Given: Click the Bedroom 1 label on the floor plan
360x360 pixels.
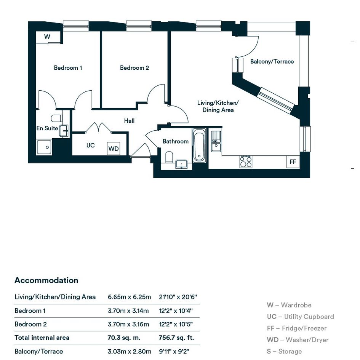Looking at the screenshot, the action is coord(68,68).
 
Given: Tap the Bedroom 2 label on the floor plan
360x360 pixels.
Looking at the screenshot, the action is coord(134,68).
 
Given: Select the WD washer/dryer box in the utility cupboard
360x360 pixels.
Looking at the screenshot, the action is coord(114,148).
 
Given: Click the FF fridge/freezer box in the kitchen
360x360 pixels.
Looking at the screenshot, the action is coord(293,162).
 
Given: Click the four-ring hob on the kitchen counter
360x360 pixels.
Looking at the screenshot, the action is coord(246,162).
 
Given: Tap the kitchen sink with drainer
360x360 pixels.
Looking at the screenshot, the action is coord(216,141).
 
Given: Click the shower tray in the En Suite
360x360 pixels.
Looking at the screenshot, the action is coord(44,147).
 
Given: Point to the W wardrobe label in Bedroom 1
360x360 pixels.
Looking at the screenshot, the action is coord(47,37).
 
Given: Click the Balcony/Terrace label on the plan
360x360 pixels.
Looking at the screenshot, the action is coord(272,62).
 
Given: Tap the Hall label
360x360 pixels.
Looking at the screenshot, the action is coord(129,121).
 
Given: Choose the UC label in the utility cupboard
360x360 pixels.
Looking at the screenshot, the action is coord(90,145).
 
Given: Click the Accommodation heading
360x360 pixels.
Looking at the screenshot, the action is coord(46,280).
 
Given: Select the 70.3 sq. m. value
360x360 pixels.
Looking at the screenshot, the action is coord(124,338).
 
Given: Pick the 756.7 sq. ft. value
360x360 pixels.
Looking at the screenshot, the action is coord(176,338).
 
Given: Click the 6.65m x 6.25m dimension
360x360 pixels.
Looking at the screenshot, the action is coord(129,297).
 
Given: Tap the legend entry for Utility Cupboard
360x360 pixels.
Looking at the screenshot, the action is coord(300,317).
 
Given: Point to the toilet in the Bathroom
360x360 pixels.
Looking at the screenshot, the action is coord(169,157).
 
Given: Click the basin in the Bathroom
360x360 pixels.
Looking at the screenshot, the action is coord(181,164).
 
